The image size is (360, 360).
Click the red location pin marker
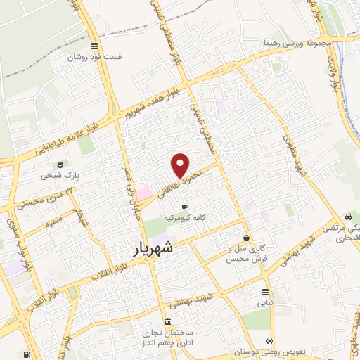[181, 165]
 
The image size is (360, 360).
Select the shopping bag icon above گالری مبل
[245, 238]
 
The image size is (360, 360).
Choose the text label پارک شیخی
[58, 175]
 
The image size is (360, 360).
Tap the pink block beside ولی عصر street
[143, 193]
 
